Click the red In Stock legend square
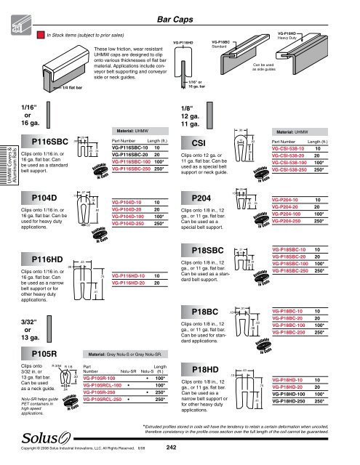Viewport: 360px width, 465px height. [x=41, y=33]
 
